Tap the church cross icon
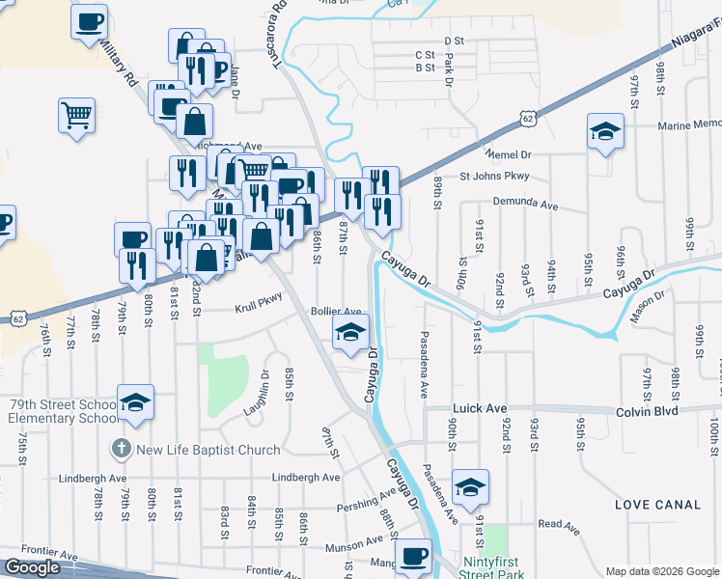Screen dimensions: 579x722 pyautogui.click(x=120, y=449)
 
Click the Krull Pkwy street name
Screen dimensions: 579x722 pyautogui.click(x=259, y=309)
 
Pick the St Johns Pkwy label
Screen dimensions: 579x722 pyautogui.click(x=495, y=177)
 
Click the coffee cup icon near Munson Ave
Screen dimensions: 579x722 pyautogui.click(x=413, y=557)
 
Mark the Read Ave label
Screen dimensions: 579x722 pyautogui.click(x=559, y=525)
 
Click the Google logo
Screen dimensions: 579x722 pyautogui.click(x=32, y=567)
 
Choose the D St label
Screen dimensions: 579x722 pyautogui.click(x=454, y=41)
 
